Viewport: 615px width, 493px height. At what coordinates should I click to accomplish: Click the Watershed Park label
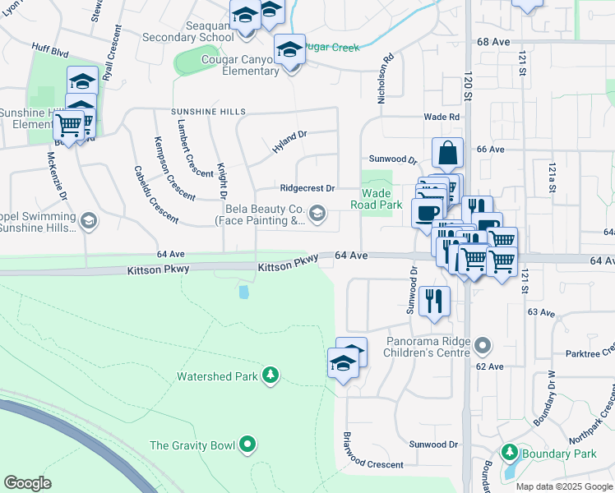point(218,377)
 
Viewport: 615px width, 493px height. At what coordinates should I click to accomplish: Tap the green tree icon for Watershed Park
point(270,376)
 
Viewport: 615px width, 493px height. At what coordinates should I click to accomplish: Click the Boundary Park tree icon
point(510,453)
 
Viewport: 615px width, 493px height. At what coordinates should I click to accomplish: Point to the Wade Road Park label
point(377,198)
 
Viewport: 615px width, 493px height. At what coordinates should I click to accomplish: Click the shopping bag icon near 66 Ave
point(447,153)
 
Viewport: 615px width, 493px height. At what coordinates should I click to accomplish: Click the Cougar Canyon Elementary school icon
point(289,50)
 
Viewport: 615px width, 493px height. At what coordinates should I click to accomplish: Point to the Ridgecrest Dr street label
point(307,188)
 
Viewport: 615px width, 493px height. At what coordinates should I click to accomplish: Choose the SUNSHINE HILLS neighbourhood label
point(208,111)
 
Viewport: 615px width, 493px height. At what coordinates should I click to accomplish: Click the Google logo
point(28,482)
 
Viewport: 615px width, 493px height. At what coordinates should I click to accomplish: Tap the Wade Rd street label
point(442,117)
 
